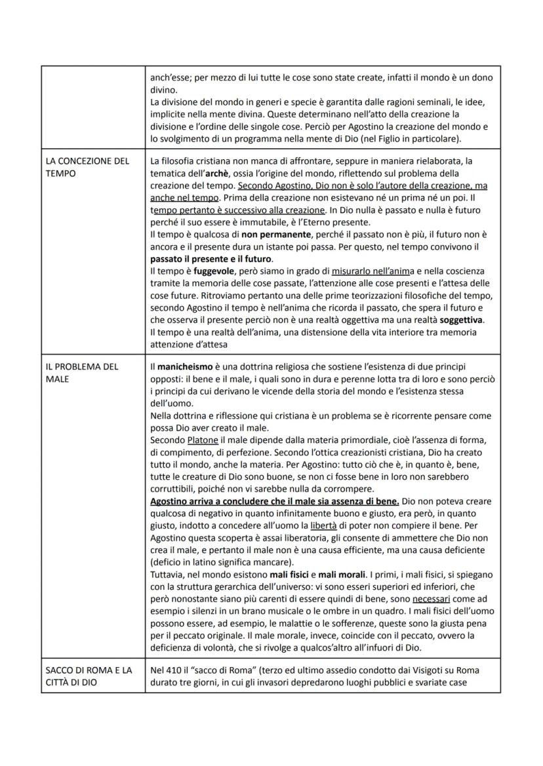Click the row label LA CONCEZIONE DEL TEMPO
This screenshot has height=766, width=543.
[87, 166]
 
